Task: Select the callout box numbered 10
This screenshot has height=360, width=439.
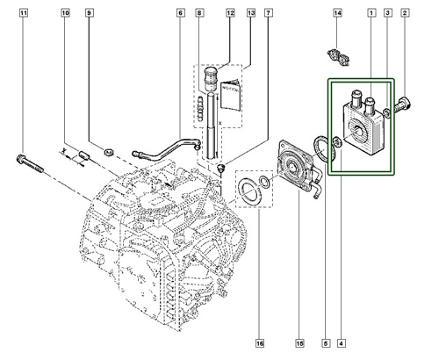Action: [66, 15]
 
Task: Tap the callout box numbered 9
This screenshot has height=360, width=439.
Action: [90, 15]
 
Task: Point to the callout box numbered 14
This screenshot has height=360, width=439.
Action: [338, 15]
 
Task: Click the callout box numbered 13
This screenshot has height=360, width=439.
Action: [251, 15]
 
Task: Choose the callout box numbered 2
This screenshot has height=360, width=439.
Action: [406, 15]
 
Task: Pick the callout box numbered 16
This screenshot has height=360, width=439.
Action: [260, 342]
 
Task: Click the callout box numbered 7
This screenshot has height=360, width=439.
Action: [268, 15]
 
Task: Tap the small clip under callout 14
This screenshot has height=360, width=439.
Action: [337, 55]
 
